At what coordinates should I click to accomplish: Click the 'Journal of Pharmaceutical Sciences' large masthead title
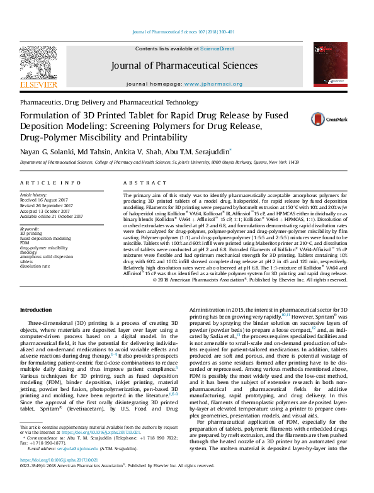(184, 65)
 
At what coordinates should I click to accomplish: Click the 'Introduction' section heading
(36, 310)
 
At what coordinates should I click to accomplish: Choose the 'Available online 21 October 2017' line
(52, 216)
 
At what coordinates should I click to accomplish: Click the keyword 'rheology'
(30, 252)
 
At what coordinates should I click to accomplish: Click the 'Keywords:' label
(30, 229)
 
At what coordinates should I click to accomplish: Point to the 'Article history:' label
(34, 195)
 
